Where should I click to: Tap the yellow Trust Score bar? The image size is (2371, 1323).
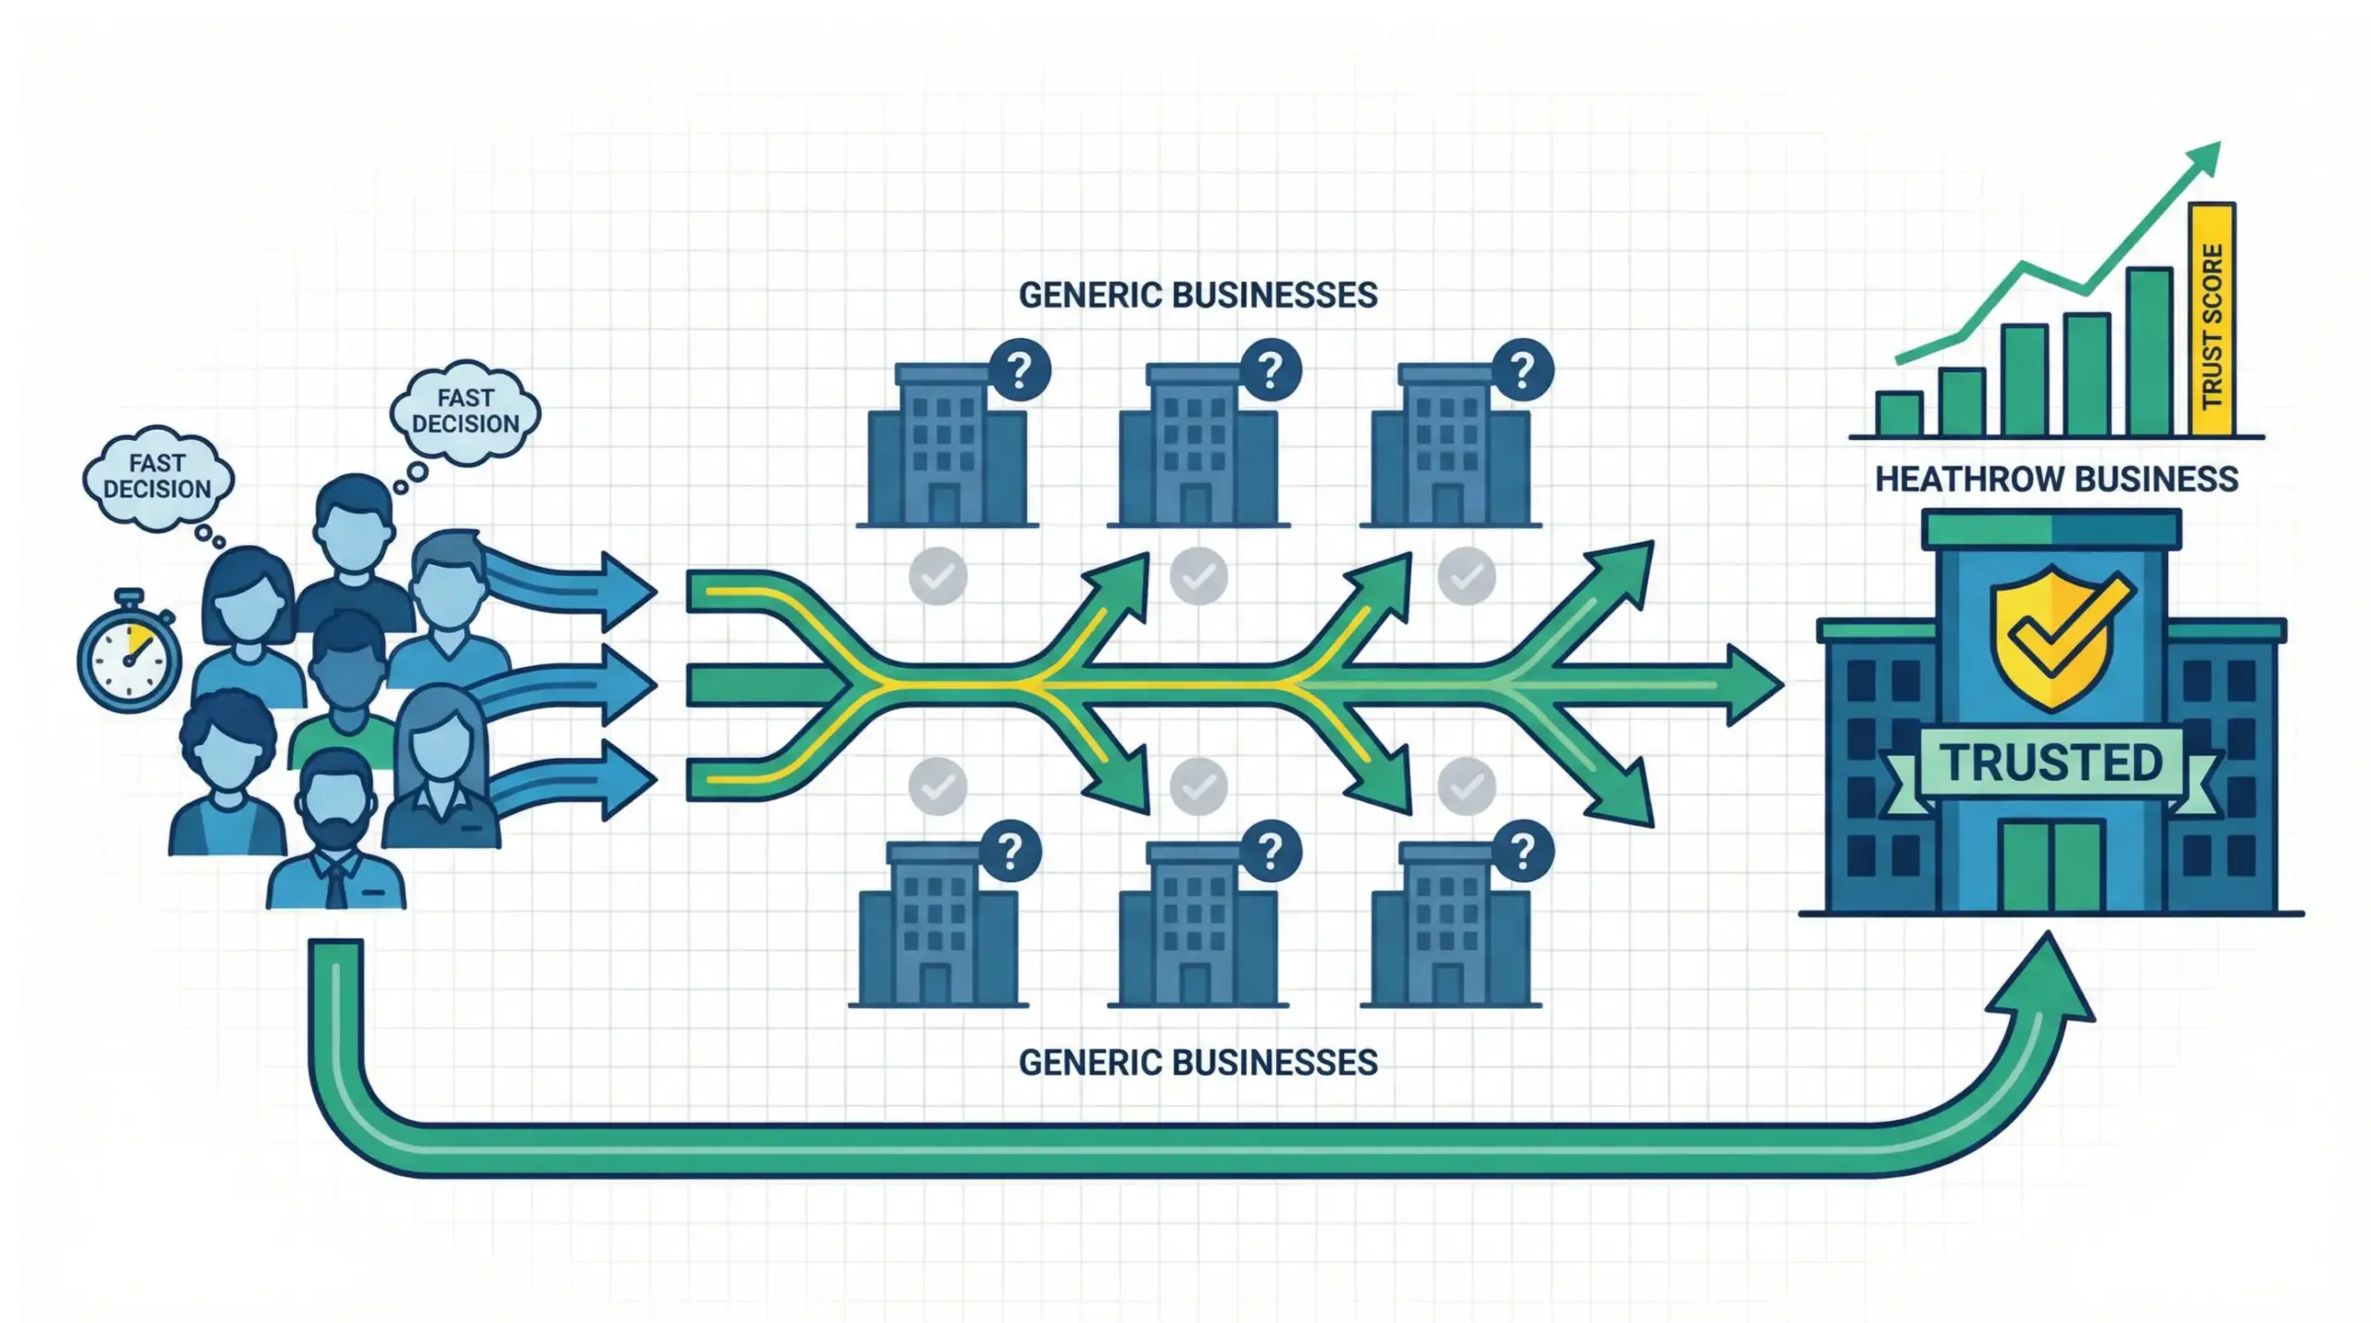pyautogui.click(x=2211, y=320)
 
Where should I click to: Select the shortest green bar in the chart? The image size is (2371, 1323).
pyautogui.click(x=1899, y=413)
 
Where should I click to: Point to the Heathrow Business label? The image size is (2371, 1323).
pyautogui.click(x=2056, y=479)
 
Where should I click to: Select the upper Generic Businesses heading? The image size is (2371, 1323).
pyautogui.click(x=1198, y=296)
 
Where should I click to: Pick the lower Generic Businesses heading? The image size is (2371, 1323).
pyautogui.click(x=1198, y=1063)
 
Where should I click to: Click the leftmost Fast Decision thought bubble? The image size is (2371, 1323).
pyautogui.click(x=157, y=476)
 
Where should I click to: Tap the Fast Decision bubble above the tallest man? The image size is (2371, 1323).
pyautogui.click(x=466, y=411)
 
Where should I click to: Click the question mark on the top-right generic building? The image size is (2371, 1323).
pyautogui.click(x=1523, y=371)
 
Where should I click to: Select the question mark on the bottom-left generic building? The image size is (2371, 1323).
pyautogui.click(x=1010, y=850)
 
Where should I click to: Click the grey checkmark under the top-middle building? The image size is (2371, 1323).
pyautogui.click(x=1198, y=576)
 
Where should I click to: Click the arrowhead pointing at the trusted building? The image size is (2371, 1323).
pyautogui.click(x=1750, y=686)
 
